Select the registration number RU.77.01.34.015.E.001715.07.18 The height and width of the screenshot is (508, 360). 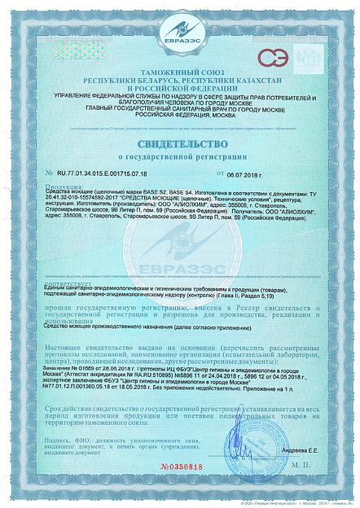(104, 174)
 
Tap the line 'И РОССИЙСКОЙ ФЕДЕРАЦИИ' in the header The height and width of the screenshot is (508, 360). (179, 90)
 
